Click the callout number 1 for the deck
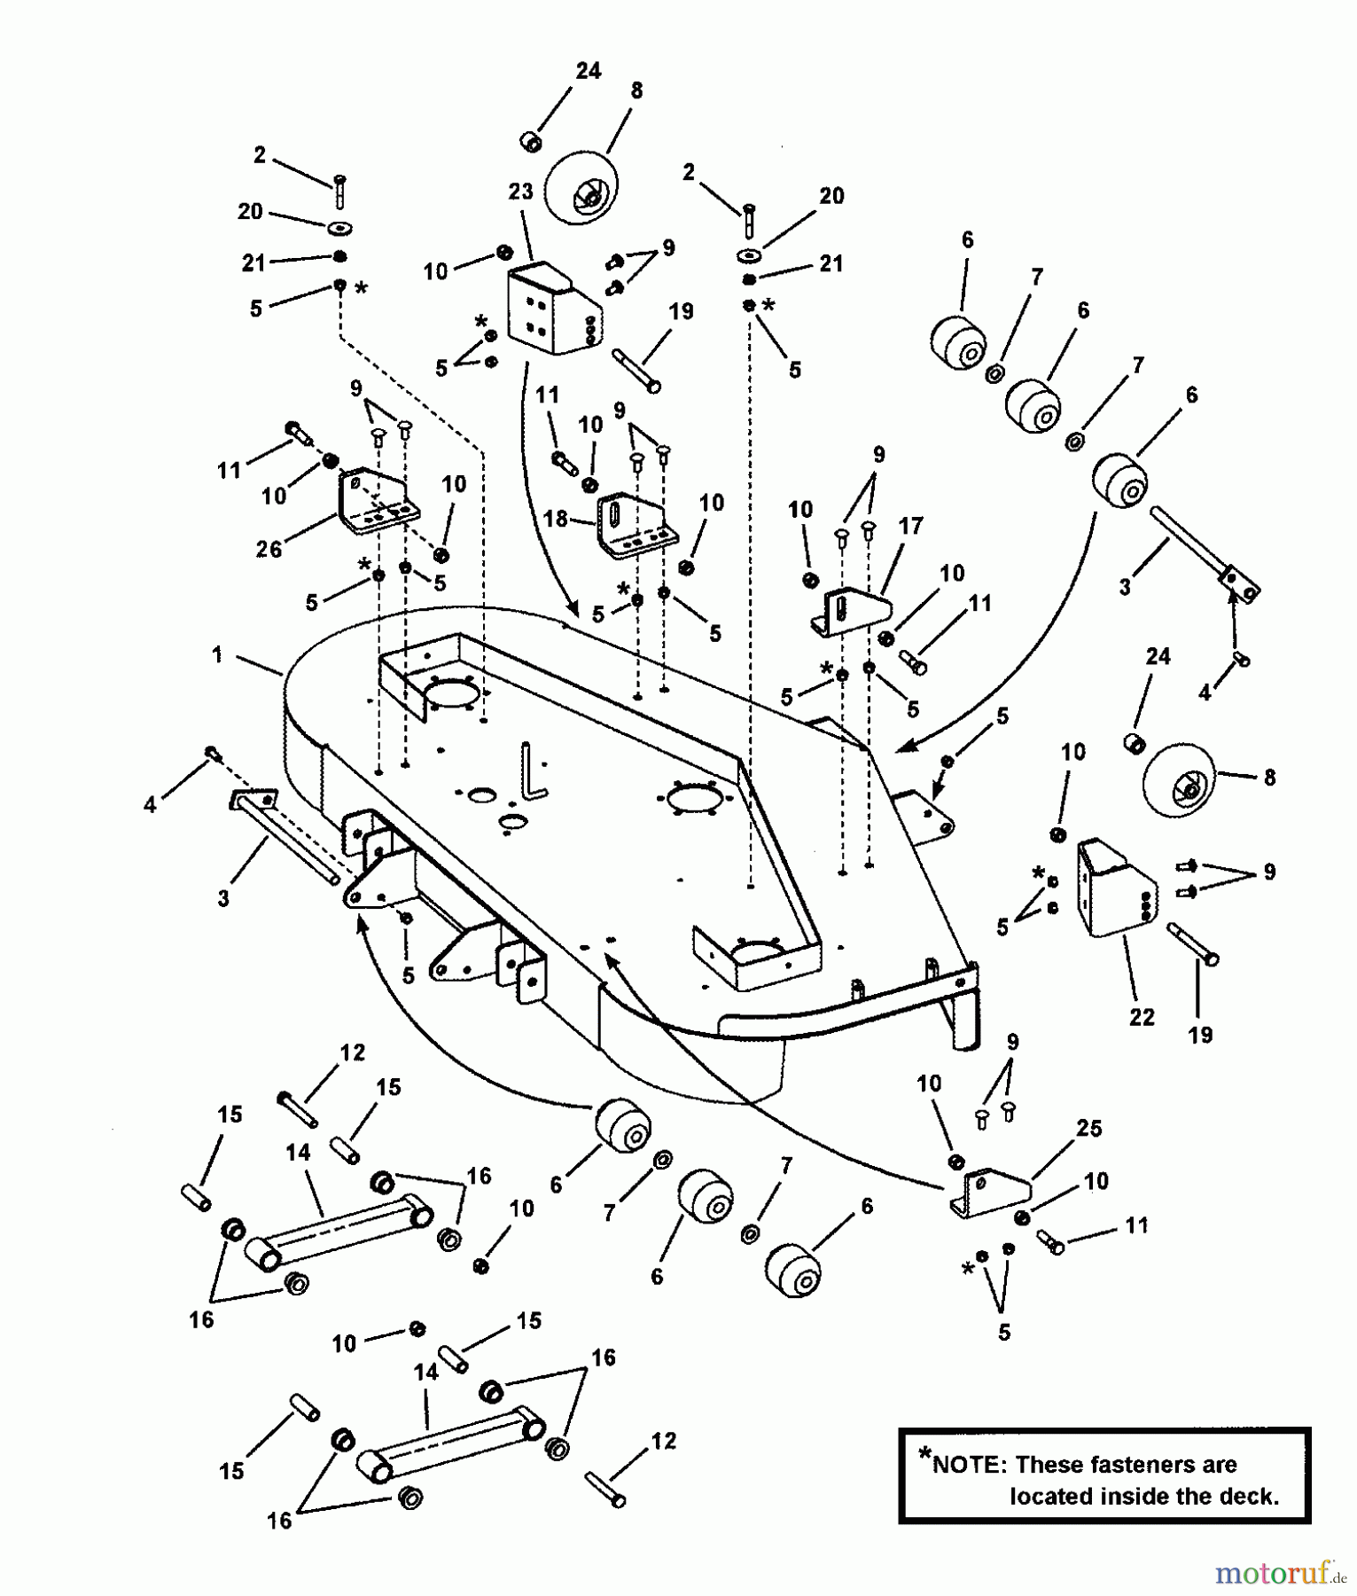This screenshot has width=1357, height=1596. [217, 654]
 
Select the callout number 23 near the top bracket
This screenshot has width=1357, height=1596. [520, 192]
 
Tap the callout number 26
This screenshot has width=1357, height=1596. [269, 550]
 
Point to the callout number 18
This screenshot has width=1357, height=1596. [555, 518]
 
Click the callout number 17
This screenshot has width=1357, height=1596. [910, 526]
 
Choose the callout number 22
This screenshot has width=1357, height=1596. [1142, 1017]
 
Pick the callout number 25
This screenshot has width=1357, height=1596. [1088, 1128]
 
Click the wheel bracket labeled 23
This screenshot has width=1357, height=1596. [551, 312]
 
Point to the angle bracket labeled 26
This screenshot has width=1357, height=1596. [377, 503]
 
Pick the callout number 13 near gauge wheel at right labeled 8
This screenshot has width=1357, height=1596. [1269, 778]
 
